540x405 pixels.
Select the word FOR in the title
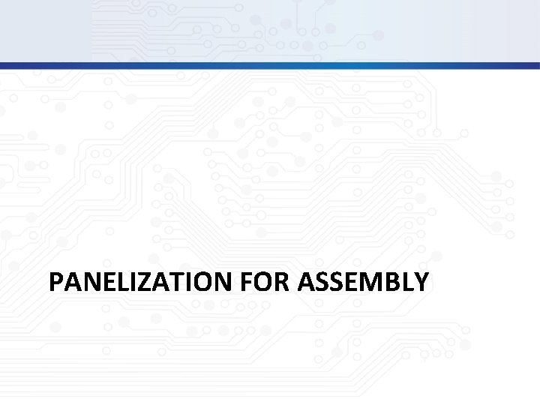tap(266, 282)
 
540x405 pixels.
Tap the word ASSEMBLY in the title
tap(364, 282)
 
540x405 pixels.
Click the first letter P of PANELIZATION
tap(55, 282)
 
